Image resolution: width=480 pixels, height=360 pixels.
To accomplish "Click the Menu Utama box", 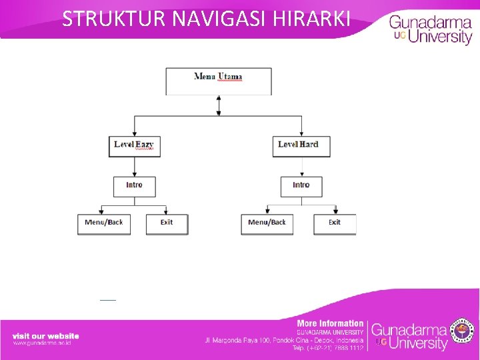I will coord(219,81).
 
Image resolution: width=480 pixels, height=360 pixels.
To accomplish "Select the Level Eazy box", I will coord(134,145).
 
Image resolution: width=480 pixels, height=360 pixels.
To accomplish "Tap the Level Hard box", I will coord(301,145).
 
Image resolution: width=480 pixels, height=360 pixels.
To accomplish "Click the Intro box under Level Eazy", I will coord(134,186).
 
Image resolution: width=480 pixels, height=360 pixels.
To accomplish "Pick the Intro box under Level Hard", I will coord(301,186).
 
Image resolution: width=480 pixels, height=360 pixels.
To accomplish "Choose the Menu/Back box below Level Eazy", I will coord(104,223).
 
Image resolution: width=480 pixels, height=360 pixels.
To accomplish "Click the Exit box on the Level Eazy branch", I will coord(167,223).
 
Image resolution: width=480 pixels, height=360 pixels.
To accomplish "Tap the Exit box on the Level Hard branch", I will coord(335,223).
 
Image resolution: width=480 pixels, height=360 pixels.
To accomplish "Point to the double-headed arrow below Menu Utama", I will coord(219,105).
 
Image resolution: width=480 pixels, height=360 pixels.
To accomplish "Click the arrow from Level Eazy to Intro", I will coord(134,167).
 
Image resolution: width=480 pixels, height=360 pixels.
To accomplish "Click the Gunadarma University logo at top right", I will coord(430,29).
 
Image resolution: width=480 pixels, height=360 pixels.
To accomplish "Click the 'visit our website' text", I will coord(45,335).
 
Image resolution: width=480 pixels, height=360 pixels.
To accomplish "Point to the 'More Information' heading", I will coord(330,323).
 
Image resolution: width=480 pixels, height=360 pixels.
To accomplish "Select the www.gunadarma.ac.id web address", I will coord(41,343).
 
